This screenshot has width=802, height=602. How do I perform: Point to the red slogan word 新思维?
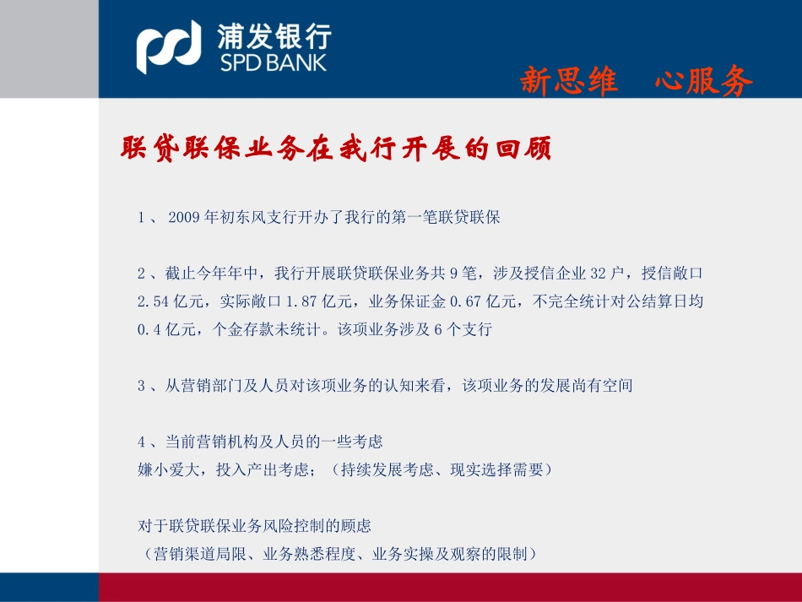[568, 82]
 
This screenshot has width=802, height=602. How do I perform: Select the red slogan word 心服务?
[702, 82]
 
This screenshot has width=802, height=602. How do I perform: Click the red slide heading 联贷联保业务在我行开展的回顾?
[336, 149]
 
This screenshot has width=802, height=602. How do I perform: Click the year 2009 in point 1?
[185, 217]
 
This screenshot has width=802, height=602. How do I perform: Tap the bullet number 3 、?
[146, 386]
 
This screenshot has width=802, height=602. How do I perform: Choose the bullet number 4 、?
[146, 442]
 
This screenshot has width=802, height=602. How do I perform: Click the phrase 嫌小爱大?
[168, 469]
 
